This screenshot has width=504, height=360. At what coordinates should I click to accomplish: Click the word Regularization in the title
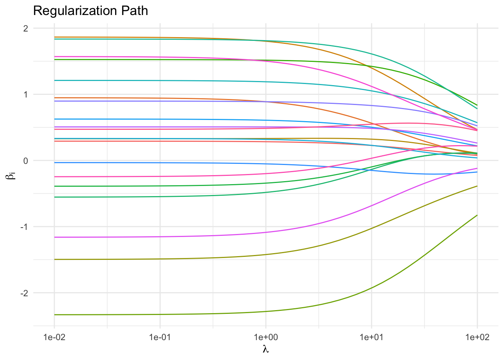(x=77, y=11)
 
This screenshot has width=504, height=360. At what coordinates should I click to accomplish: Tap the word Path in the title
(x=136, y=11)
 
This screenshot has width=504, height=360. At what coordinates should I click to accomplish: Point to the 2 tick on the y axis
(x=26, y=28)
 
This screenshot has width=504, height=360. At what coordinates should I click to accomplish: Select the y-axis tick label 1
(x=26, y=94)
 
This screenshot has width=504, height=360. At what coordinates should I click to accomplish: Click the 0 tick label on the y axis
(x=26, y=160)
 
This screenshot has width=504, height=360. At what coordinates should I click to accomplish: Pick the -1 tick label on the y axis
(x=25, y=227)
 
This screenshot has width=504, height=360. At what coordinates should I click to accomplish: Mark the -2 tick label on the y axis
(x=25, y=293)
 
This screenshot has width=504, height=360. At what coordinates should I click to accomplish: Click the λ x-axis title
(x=266, y=349)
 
